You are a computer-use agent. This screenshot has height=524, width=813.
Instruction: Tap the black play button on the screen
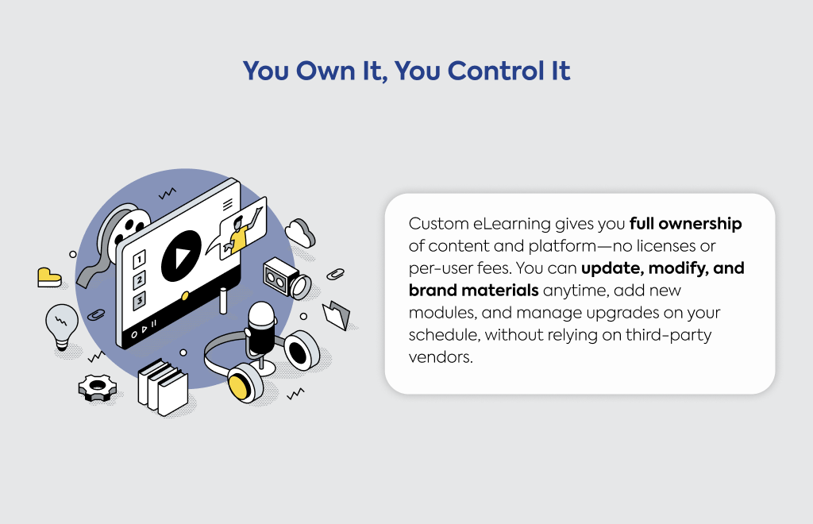point(181,256)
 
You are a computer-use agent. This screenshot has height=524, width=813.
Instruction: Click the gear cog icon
point(98,387)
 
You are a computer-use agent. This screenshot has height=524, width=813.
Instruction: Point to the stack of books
point(163,387)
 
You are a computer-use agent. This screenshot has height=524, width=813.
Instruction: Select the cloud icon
point(300,233)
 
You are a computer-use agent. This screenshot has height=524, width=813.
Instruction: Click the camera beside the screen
point(287,279)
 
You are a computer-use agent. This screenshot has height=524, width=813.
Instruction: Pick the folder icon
point(337,314)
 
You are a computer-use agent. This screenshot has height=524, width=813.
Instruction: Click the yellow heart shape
point(49,277)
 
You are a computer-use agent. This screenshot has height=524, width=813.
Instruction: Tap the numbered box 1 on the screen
point(139,259)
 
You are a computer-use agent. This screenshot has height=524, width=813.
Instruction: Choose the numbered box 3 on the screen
point(139,301)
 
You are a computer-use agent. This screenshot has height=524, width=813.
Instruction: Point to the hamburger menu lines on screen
point(228,205)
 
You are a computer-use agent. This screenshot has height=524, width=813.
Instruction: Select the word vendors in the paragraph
point(441,357)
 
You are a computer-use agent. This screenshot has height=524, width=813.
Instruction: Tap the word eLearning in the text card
point(512,224)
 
